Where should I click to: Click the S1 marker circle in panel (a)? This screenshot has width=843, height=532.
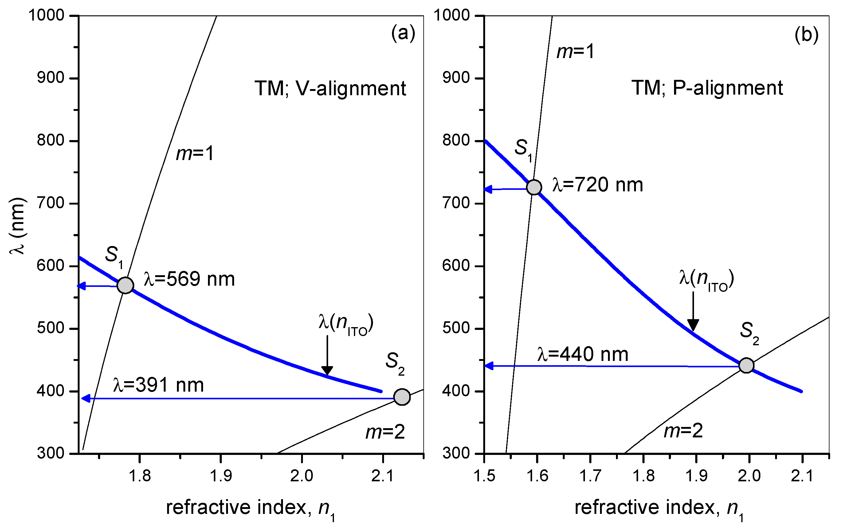click(x=125, y=285)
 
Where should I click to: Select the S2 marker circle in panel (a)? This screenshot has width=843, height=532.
click(x=402, y=397)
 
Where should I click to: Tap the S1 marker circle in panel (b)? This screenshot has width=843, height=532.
click(x=534, y=187)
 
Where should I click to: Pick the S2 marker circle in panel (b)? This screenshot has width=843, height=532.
click(x=746, y=366)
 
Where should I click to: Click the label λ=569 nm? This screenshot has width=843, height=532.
click(x=189, y=279)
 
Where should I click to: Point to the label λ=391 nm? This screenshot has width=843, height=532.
click(x=159, y=385)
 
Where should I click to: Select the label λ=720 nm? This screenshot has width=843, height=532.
click(x=598, y=185)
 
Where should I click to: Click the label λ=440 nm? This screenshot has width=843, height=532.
click(x=583, y=354)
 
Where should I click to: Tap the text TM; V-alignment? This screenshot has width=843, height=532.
click(x=330, y=88)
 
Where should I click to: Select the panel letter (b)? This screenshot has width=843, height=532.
click(x=806, y=35)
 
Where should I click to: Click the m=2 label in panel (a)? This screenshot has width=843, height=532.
click(x=385, y=432)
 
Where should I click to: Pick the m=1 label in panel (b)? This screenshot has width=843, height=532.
click(x=575, y=52)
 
